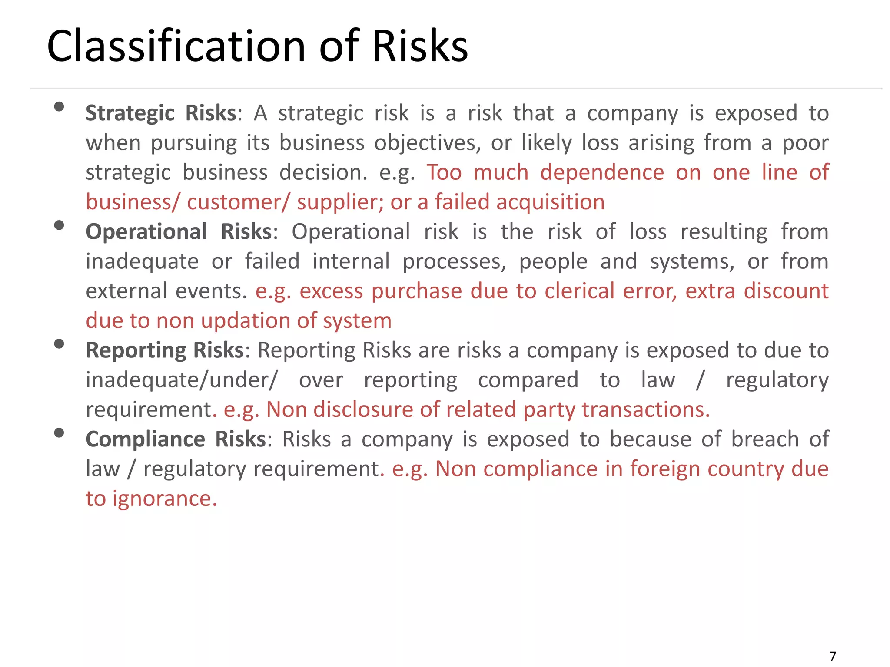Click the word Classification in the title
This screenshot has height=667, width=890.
point(176,46)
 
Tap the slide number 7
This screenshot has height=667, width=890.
point(833,656)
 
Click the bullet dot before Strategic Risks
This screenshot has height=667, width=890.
point(59,107)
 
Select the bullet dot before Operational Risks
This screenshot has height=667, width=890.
point(59,225)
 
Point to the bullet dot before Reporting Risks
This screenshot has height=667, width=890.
point(59,344)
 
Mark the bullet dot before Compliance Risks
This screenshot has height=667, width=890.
point(59,433)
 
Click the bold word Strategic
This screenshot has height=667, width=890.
point(130,114)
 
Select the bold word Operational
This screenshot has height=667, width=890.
point(146,232)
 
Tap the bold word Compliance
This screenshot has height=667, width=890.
point(145,439)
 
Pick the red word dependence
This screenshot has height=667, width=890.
point(602,173)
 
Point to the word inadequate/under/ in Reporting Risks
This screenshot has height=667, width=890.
point(181,380)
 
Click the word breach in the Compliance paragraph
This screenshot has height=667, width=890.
point(650,439)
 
